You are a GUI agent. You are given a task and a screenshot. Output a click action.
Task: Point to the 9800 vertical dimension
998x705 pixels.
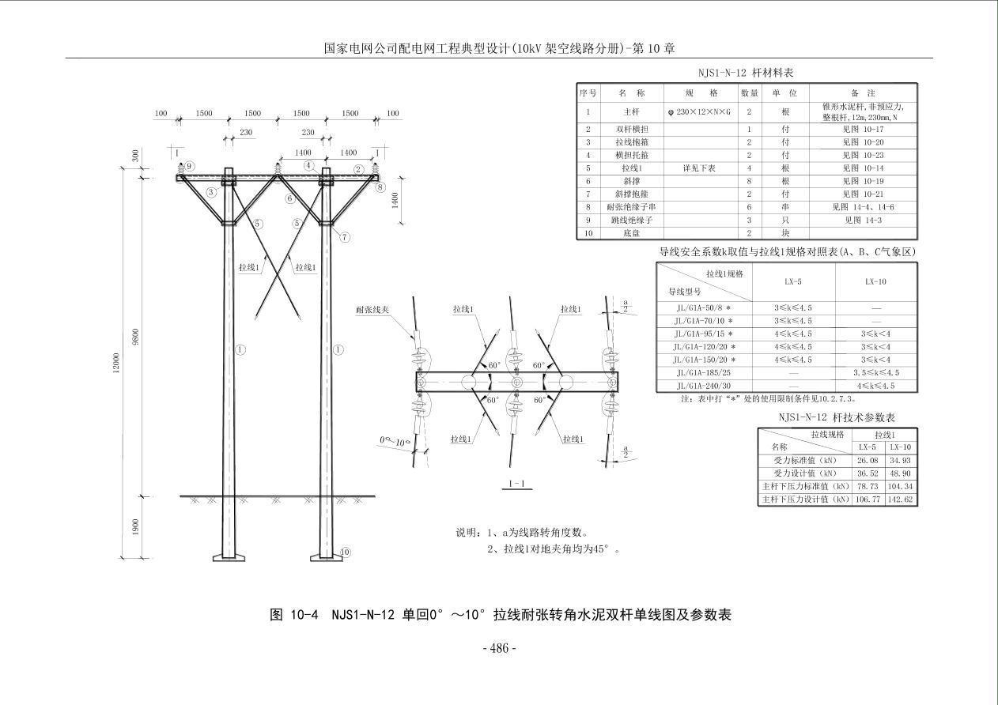(x=136, y=338)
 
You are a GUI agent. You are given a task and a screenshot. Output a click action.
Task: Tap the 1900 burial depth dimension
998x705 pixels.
(x=136, y=527)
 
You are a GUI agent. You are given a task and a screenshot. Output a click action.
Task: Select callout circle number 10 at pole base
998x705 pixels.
(x=345, y=552)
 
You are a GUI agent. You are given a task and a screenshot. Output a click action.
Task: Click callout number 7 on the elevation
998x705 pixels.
(x=345, y=237)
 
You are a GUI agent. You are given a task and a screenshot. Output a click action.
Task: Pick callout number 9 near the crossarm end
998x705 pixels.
(x=189, y=166)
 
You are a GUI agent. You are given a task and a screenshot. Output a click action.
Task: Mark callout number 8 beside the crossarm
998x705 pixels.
(x=380, y=187)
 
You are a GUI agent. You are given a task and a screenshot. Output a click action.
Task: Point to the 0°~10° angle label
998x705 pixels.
(x=395, y=441)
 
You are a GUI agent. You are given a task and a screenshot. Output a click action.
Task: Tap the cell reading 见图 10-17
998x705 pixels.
(x=863, y=129)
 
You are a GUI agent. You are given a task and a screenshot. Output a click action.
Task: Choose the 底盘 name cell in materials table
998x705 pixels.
(x=631, y=233)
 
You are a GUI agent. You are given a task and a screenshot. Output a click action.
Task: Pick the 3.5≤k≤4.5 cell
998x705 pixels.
(x=875, y=372)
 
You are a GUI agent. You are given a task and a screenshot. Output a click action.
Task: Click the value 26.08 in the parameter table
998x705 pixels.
(x=867, y=460)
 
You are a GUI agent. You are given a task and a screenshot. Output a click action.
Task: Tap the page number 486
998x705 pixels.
(x=499, y=649)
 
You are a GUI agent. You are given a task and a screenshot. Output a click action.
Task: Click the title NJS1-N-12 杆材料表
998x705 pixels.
(x=746, y=73)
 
